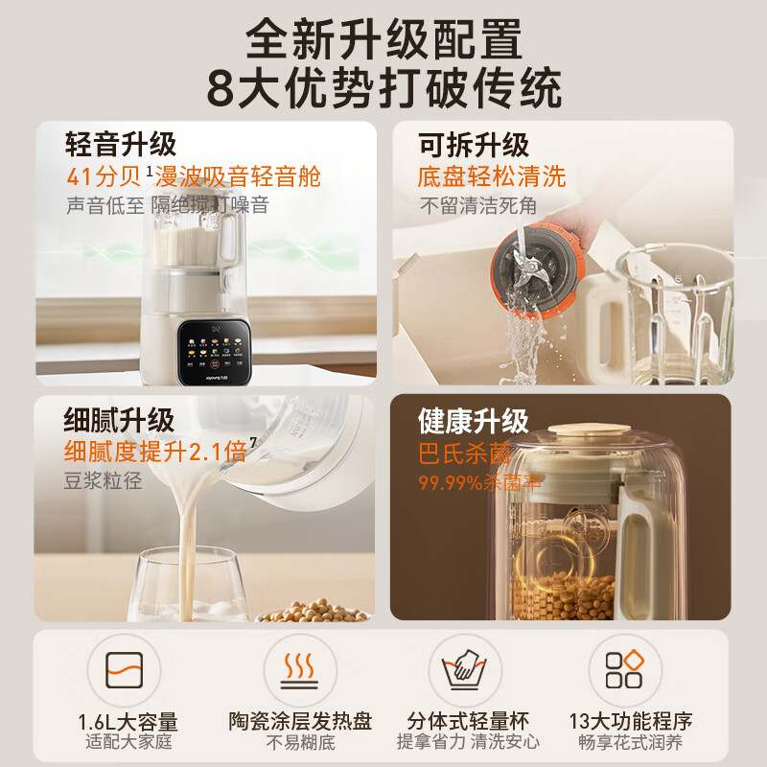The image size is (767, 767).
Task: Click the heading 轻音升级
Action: coord(121,145)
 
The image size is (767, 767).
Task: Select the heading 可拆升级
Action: coord(474,145)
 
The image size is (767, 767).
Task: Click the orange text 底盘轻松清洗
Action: coord(492,176)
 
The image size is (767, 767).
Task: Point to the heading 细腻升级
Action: coord(120,420)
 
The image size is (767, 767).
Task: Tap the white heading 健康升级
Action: coord(474,420)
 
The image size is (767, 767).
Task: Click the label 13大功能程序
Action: coord(629,721)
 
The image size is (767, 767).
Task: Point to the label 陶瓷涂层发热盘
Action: coord(300,721)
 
